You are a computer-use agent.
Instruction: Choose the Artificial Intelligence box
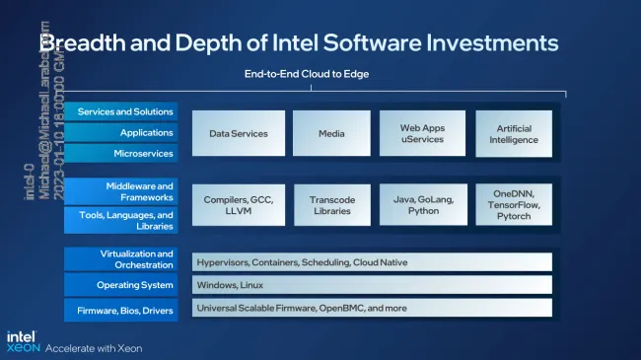pyautogui.click(x=519, y=133)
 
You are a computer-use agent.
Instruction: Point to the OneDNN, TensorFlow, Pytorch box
pyautogui.click(x=519, y=204)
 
